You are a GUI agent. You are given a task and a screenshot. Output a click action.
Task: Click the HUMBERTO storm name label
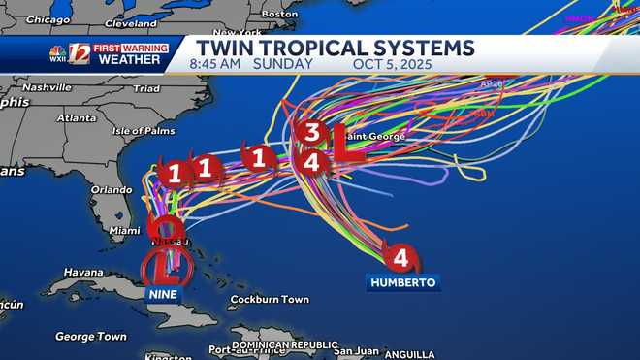403,282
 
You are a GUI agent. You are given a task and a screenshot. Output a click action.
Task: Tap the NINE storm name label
162,293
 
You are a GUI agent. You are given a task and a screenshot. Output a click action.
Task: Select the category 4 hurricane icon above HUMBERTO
400,258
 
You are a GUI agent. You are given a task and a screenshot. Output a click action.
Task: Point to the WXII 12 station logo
70,53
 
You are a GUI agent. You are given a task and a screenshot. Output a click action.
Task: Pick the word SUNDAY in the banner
282,65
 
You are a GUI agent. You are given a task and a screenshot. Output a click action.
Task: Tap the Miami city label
124,230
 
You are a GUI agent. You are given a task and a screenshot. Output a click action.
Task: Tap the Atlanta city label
77,117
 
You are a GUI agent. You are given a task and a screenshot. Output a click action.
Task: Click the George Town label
90,336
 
